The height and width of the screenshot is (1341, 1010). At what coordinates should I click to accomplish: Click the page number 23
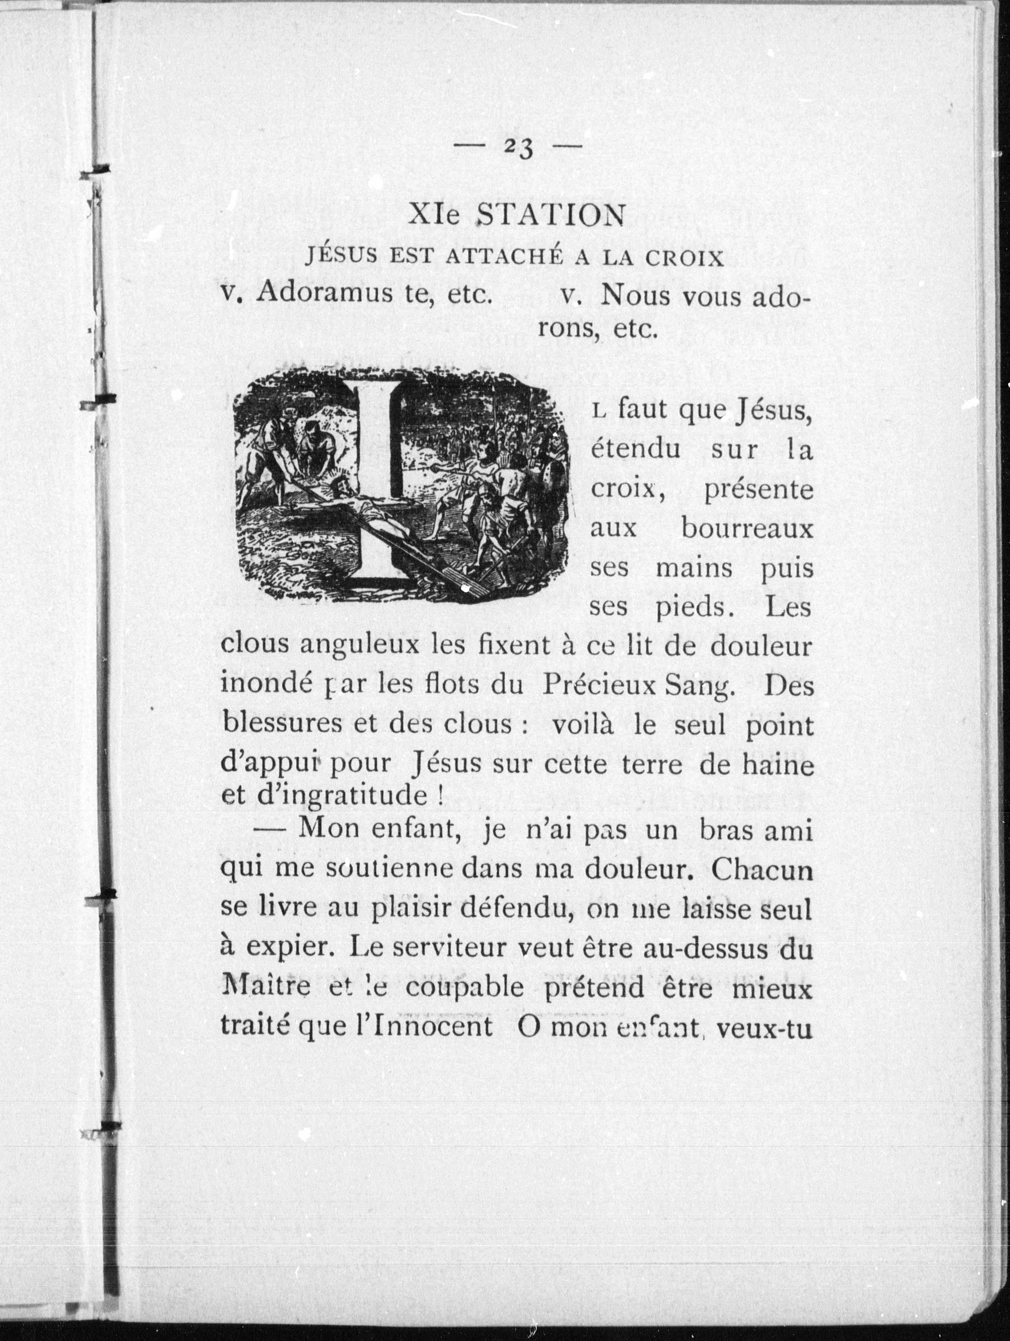click(x=518, y=147)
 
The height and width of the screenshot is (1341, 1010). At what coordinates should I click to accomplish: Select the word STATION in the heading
click(x=550, y=215)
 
